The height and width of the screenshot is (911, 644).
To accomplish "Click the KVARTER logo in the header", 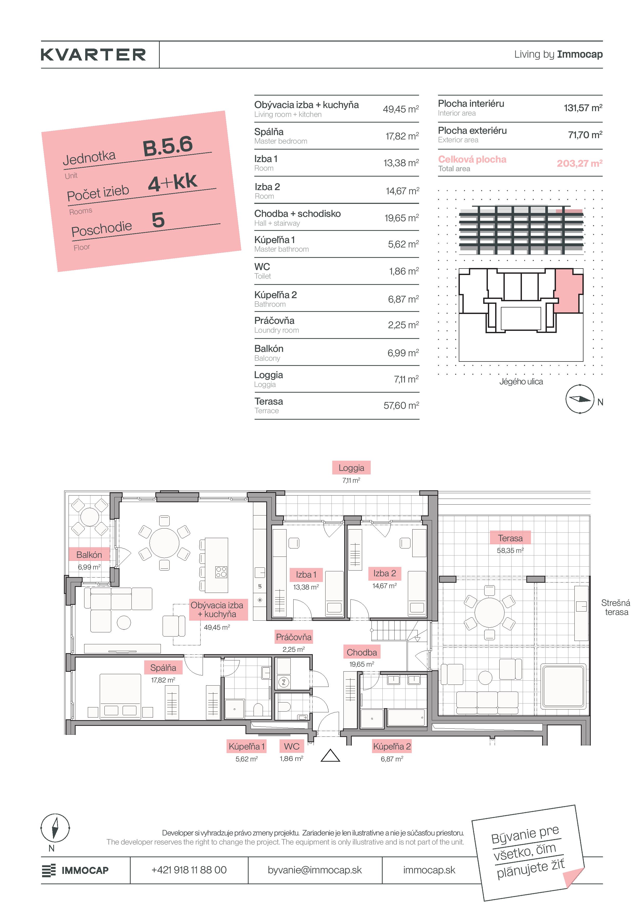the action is click(x=93, y=55).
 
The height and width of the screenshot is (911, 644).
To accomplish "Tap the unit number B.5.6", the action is click(x=168, y=146).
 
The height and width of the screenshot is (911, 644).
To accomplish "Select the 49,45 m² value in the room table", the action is click(x=401, y=109).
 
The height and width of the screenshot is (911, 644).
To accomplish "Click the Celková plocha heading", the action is click(x=472, y=159).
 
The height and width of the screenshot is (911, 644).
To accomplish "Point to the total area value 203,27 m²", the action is click(x=579, y=163).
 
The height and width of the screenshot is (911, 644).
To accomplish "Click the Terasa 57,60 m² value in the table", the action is click(x=401, y=405).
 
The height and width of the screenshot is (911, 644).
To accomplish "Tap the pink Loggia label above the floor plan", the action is click(x=351, y=468).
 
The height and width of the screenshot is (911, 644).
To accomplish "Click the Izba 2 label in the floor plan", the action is click(x=384, y=573).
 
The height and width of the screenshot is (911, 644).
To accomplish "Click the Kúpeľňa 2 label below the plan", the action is click(x=392, y=746).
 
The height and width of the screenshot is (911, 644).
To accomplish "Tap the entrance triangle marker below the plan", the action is click(x=330, y=756).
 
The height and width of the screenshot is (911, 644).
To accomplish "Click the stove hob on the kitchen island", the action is click(x=221, y=572).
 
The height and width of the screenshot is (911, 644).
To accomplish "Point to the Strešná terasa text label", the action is click(x=615, y=607).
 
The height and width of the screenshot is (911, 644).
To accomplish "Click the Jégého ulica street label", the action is click(x=521, y=381).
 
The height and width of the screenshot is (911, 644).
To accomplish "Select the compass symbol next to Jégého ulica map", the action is click(x=580, y=399).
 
